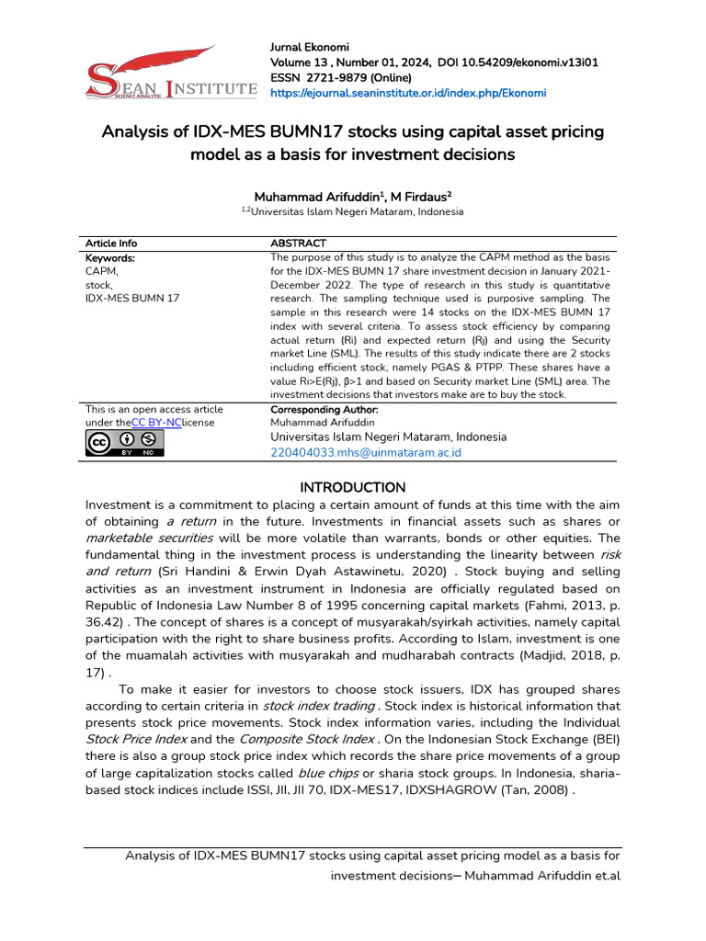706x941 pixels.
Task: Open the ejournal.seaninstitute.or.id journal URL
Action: [407, 93]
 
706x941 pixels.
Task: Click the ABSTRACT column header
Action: [298, 244]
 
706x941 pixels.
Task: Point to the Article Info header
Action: [111, 244]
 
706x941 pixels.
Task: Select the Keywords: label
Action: [110, 258]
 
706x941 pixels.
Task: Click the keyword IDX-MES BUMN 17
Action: [132, 299]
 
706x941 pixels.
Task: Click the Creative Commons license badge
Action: [124, 444]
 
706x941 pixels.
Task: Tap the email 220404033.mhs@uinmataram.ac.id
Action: [366, 453]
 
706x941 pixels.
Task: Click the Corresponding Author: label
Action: [325, 409]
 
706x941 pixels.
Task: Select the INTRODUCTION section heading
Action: [352, 487]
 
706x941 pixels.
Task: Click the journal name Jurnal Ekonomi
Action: [309, 47]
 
